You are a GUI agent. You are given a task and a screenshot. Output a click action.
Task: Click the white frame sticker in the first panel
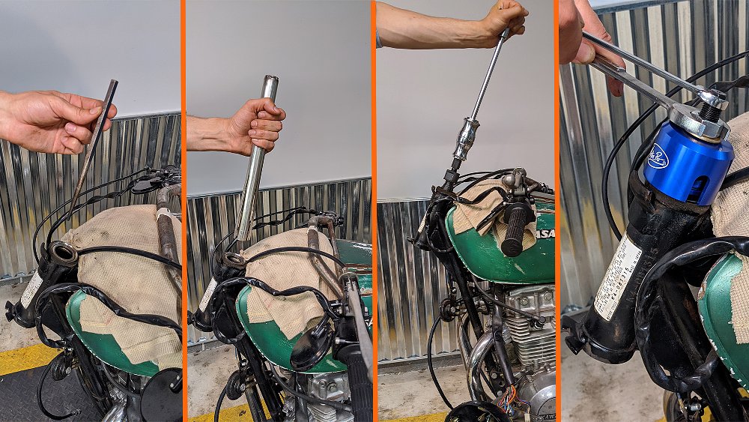31,289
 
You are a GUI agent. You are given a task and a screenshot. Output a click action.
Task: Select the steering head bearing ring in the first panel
63,255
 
